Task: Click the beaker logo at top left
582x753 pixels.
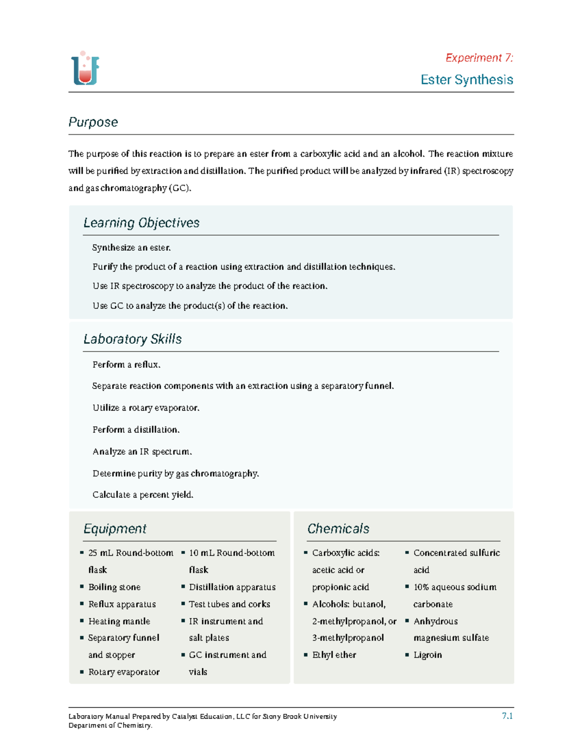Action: (x=85, y=69)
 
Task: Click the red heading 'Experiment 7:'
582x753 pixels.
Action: (x=479, y=58)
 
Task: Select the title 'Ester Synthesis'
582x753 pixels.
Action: (x=467, y=80)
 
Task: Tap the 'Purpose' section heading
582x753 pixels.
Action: (x=93, y=122)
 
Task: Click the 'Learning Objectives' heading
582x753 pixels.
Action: (x=141, y=223)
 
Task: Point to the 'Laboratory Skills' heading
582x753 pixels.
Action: (x=132, y=339)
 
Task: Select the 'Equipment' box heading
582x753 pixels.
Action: (x=115, y=529)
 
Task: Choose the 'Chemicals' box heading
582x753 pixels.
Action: (x=338, y=529)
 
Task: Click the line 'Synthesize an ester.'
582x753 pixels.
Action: (x=131, y=248)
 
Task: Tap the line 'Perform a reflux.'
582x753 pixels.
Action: (x=126, y=365)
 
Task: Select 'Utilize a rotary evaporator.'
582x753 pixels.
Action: (x=145, y=408)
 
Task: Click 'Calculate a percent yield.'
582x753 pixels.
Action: (x=143, y=495)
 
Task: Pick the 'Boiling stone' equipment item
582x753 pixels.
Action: (x=114, y=587)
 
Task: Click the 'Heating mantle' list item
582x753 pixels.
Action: (x=119, y=621)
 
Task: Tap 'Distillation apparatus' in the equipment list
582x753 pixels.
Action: (x=232, y=587)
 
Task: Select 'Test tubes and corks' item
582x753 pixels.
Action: (x=229, y=604)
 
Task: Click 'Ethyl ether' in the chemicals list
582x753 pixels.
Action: (x=334, y=655)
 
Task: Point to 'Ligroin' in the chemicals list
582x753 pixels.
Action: (x=427, y=655)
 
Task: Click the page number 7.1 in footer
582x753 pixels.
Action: (x=507, y=716)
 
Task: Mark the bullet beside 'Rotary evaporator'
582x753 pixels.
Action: (x=82, y=672)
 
